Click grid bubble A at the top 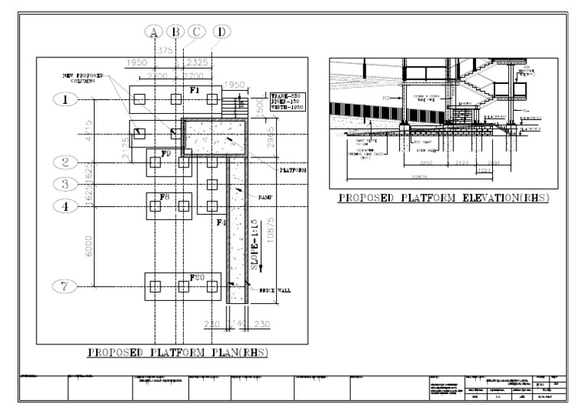coord(153,31)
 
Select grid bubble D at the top coord(221,31)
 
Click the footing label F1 coord(195,90)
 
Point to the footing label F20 coord(196,276)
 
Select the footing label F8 coord(164,197)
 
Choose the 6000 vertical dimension coord(90,246)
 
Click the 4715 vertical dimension coord(90,130)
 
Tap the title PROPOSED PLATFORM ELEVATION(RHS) coord(444,199)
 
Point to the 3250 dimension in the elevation coord(427,164)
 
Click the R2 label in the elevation coord(387,98)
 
